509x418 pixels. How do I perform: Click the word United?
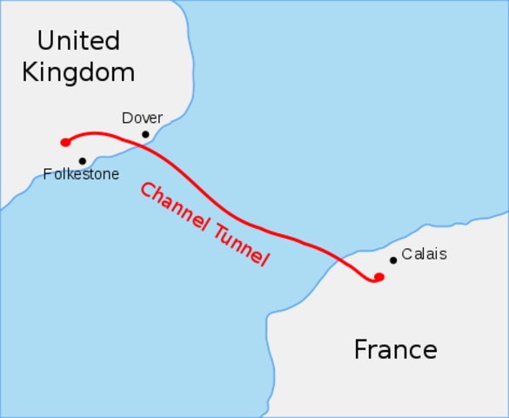tap(78, 40)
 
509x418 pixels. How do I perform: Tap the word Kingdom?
tap(78, 71)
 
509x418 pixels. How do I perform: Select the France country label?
tap(395, 350)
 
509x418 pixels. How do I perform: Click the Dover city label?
tap(142, 118)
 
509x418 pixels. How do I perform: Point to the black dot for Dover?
tap(145, 134)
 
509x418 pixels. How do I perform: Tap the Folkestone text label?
tap(81, 174)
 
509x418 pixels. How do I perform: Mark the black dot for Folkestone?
tap(82, 161)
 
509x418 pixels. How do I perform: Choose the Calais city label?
tap(424, 254)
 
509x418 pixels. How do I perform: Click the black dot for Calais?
tap(393, 260)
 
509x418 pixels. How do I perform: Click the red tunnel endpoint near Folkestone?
tap(65, 142)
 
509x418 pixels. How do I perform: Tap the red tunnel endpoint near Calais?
tap(378, 277)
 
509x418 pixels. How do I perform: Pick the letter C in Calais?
tap(406, 254)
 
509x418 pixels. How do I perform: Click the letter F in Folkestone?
tap(48, 174)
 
